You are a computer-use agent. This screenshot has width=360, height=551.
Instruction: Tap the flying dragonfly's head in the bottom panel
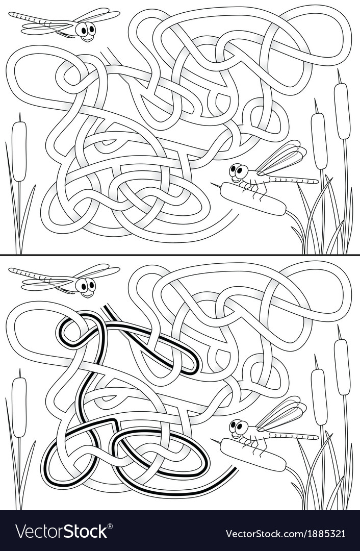click(86, 285)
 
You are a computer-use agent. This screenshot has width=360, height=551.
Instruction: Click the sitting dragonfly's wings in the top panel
click(280, 158)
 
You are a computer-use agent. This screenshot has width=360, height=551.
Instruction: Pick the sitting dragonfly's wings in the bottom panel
click(280, 414)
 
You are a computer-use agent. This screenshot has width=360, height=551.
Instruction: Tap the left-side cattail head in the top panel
click(19, 151)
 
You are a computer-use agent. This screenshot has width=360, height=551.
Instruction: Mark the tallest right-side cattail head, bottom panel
click(342, 366)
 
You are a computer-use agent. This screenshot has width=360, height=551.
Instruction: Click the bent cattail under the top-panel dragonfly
click(253, 199)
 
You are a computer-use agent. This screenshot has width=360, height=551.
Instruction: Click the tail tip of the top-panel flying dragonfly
click(11, 15)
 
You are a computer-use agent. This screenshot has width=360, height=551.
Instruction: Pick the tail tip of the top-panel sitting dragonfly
click(317, 181)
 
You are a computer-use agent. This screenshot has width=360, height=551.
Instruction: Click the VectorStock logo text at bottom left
click(61, 531)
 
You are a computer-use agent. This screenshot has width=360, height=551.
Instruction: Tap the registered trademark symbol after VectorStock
click(110, 525)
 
